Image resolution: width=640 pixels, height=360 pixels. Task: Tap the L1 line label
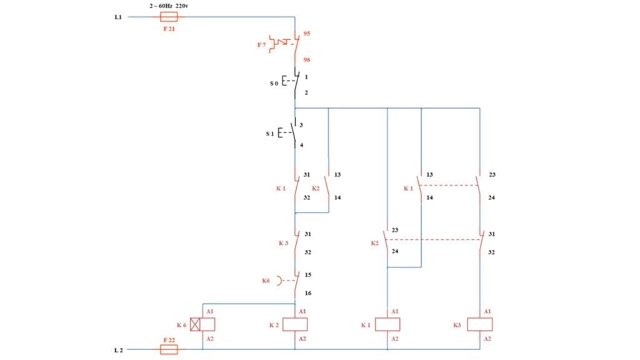118,17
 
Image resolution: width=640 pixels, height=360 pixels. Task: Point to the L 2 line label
118,349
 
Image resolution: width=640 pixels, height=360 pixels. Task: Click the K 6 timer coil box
202,324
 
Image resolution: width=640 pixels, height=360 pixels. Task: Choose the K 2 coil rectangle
295,324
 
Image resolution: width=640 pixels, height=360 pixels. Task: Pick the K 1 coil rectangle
388,324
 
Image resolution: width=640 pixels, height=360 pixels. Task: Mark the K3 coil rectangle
480,324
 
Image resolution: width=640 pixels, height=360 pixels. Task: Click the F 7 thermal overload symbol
282,44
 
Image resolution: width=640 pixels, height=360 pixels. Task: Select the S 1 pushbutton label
270,134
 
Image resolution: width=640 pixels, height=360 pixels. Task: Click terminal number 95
307,33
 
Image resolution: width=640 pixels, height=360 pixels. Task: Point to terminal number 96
307,60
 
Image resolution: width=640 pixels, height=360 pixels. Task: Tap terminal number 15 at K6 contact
307,274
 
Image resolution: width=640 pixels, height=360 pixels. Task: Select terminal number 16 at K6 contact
307,292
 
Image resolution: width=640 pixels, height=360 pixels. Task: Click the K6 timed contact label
267,281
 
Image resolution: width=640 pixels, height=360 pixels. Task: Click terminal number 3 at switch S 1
301,125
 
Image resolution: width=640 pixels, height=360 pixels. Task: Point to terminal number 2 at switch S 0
306,92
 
